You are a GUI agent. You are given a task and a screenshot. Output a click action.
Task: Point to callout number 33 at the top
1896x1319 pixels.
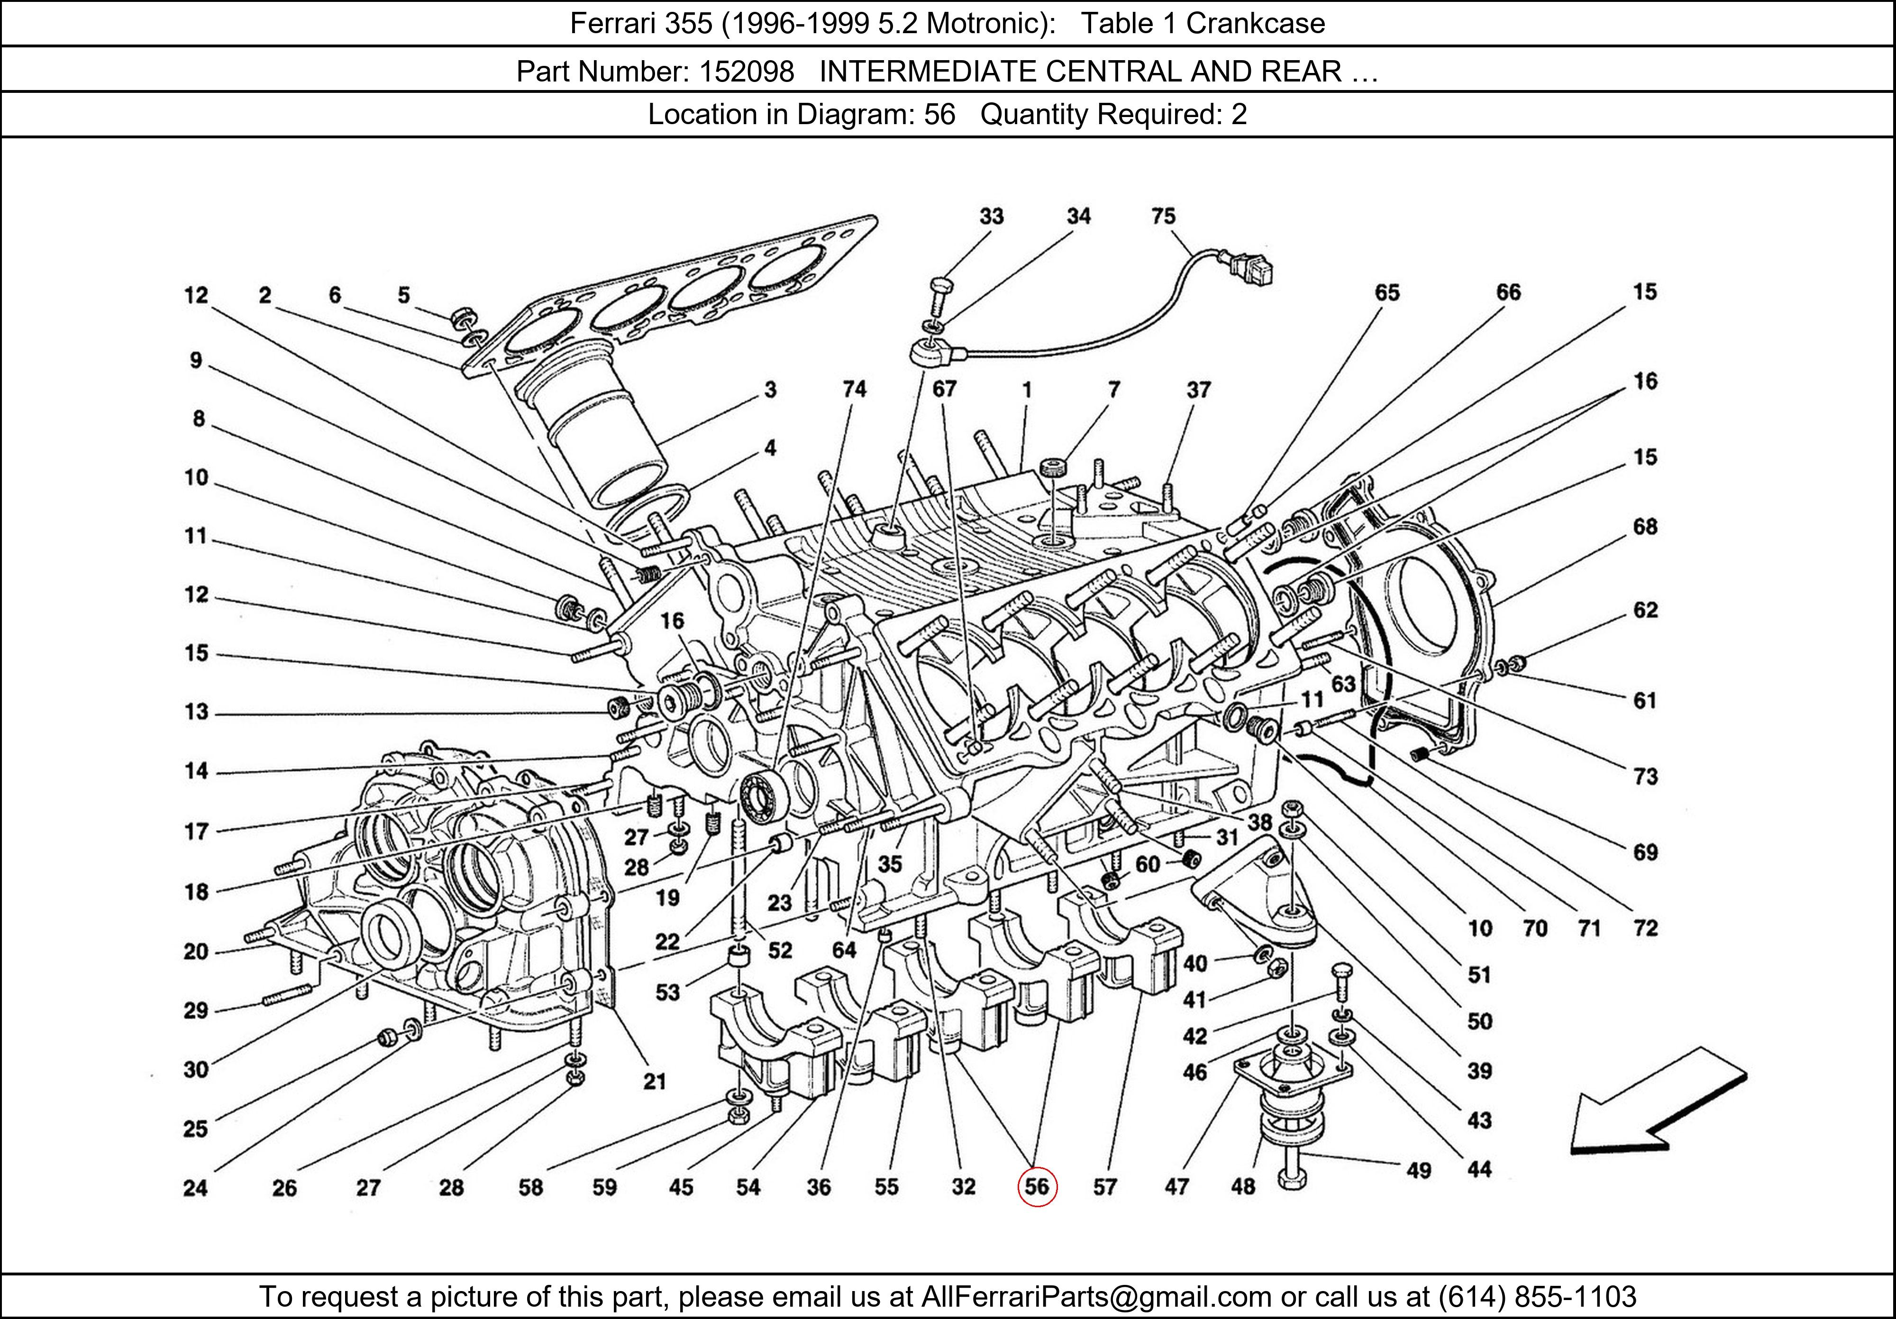[991, 216]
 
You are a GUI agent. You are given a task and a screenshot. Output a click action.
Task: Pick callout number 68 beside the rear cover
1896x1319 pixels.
[1644, 527]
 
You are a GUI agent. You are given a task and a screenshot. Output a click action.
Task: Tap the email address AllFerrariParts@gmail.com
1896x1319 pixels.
[1096, 1297]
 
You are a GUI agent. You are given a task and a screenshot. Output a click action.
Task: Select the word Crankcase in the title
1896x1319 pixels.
[1255, 23]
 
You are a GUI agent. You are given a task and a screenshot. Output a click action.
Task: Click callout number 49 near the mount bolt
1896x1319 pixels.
[1418, 1170]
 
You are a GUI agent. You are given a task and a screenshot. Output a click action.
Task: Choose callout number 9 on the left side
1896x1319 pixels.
[196, 360]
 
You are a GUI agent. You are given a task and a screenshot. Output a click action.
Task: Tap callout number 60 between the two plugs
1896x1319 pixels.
[1148, 864]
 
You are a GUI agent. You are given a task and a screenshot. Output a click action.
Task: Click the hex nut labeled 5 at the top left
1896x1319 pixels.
[463, 317]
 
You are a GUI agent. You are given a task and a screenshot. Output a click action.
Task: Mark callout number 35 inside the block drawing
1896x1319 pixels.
[889, 864]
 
